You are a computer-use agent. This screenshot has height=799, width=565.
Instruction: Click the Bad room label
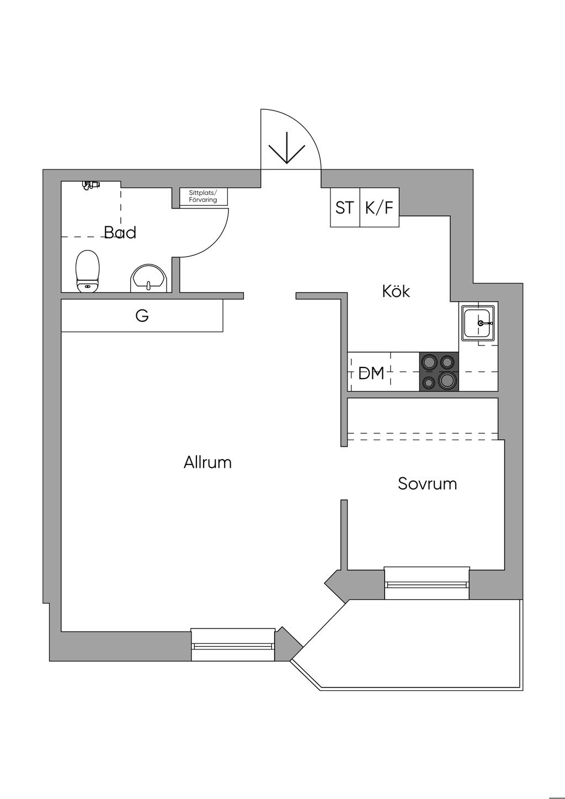120,232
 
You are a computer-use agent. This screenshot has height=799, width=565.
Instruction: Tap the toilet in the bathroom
87,271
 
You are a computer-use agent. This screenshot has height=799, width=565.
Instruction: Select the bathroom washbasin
148,278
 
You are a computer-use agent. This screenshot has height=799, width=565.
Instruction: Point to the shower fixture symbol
89,185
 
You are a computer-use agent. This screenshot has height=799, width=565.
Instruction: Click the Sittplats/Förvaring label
203,196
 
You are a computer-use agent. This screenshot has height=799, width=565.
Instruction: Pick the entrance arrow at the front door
287,147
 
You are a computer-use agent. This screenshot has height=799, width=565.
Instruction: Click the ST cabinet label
345,208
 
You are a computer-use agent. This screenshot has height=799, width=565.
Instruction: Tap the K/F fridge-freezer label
379,208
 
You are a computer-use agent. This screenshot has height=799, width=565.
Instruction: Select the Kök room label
396,291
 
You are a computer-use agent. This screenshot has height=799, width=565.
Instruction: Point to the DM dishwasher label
371,374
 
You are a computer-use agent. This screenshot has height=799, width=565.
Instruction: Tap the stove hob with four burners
439,372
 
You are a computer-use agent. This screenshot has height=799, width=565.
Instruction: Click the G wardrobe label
142,316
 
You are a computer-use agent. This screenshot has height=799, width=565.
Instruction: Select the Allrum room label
207,462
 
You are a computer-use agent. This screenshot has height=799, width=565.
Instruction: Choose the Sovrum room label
427,484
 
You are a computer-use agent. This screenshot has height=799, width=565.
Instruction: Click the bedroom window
427,583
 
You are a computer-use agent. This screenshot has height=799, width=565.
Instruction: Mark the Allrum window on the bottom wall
233,644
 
